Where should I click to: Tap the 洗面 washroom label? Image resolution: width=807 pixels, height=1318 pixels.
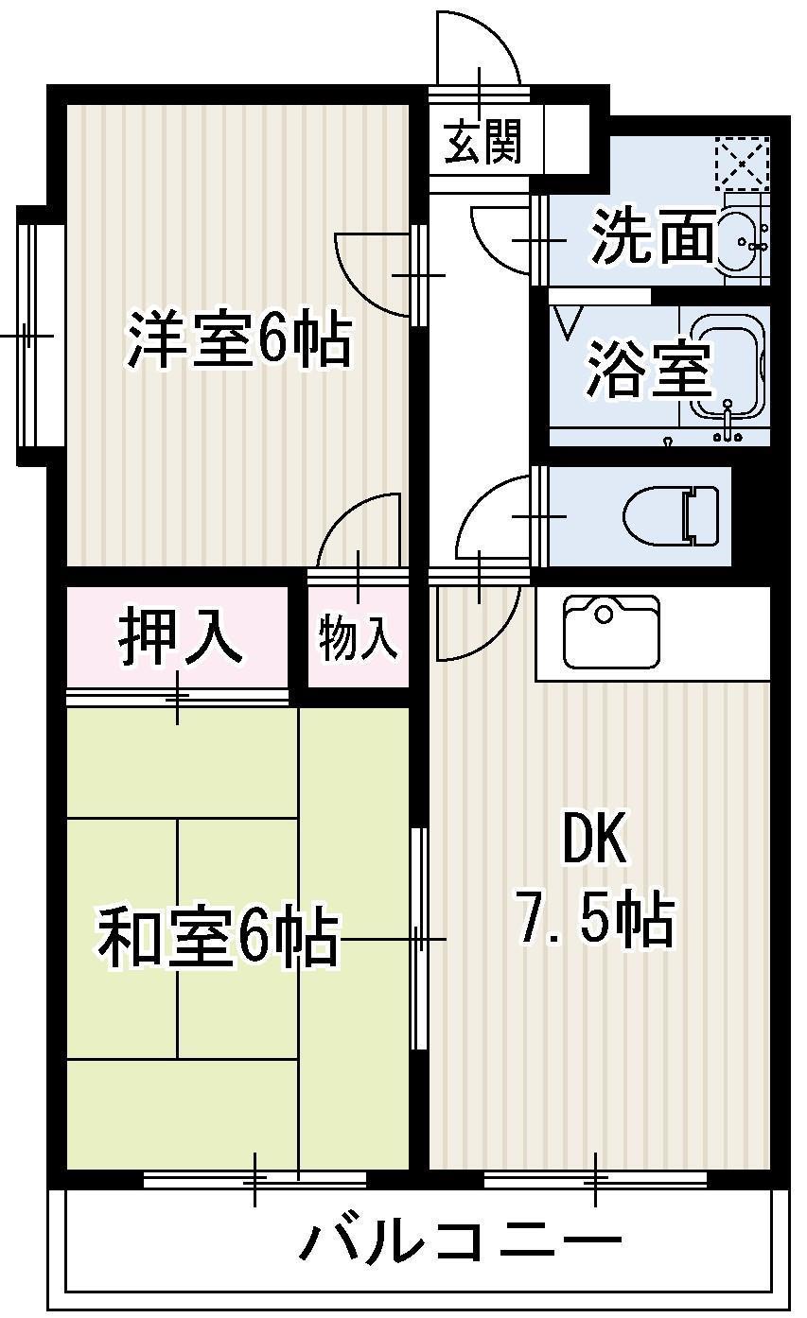653,240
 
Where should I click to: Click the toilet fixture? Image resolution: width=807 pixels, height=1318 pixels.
673,516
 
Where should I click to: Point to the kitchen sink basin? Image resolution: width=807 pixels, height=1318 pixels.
610,631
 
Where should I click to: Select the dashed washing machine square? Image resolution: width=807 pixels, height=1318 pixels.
742,164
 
